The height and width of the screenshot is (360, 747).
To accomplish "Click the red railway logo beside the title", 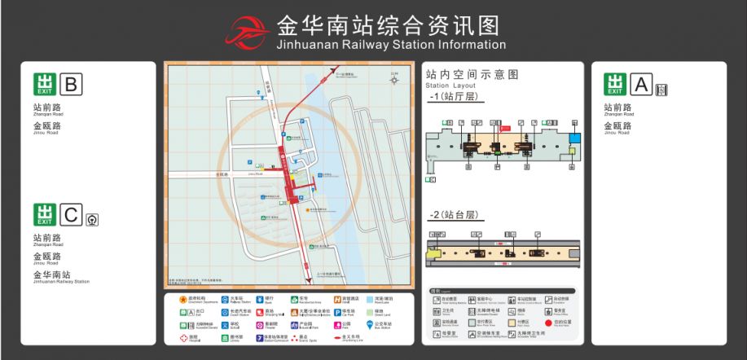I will coord(249,33).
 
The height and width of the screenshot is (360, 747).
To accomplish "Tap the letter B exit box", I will coord(72,84).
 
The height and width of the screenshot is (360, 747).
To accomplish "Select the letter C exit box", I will coord(72,215).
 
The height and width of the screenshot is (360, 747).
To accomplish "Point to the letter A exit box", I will coord(642,84).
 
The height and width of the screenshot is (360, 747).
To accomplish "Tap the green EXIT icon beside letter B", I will coord(44,84).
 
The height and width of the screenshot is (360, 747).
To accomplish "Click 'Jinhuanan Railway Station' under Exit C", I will coord(61,281).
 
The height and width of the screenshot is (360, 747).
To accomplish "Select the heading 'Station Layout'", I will coord(450,86).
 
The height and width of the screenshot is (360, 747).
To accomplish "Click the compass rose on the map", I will coord(395,80).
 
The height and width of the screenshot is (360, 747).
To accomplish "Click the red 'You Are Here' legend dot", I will coord(547,323).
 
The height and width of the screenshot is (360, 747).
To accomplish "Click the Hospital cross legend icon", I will coord(182,337).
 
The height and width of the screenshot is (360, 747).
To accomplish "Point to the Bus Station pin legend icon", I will coord(370,325).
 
